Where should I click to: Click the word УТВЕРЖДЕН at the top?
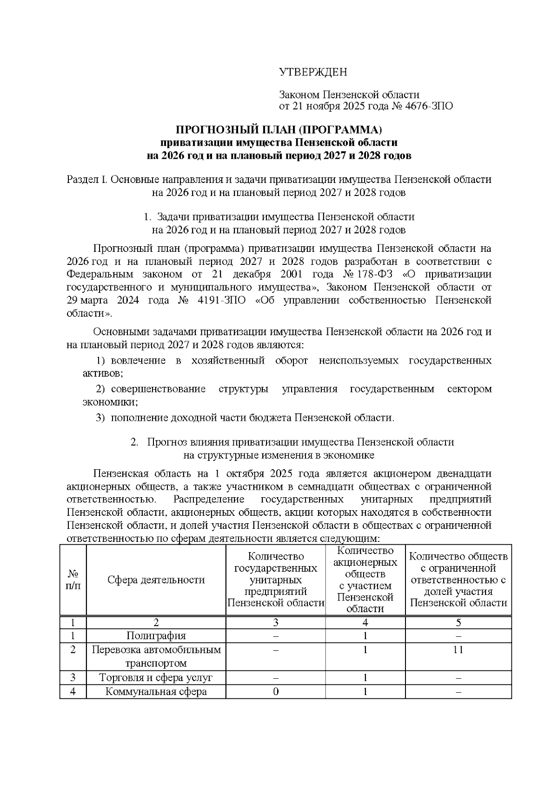tap(313, 72)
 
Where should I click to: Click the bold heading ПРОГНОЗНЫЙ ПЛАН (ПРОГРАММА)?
tap(279, 129)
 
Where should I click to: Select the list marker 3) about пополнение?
tap(100, 418)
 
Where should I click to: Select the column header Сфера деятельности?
tap(156, 580)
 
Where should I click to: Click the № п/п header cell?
tap(73, 580)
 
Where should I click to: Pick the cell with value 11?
tap(458, 649)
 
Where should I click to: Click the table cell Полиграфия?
tap(156, 636)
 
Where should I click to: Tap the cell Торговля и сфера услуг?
tap(156, 677)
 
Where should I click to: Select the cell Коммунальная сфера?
tap(156, 691)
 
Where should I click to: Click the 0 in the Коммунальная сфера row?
tap(276, 692)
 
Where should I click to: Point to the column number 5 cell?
tap(458, 622)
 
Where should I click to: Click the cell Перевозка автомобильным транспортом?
tap(156, 656)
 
